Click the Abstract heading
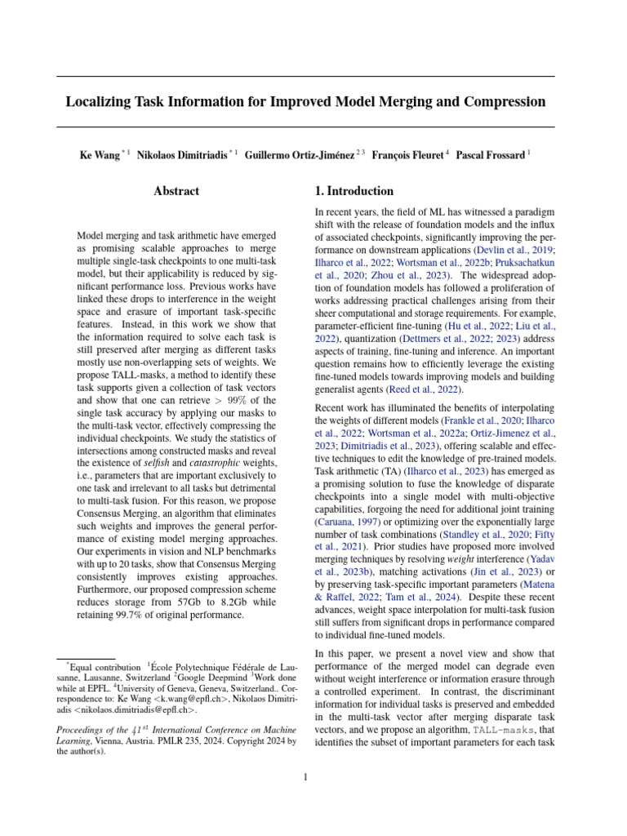[176, 191]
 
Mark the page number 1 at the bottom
[305, 776]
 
